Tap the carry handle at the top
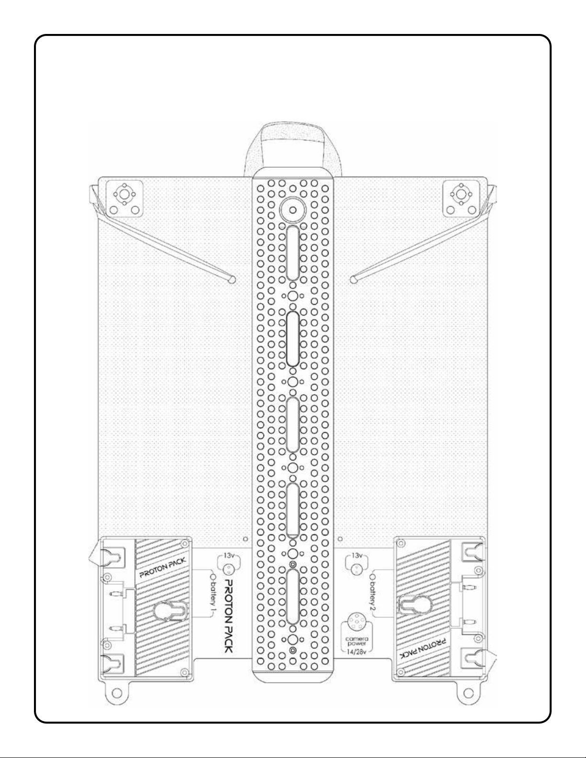(293, 143)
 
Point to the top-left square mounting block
(124, 198)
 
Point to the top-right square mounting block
(461, 198)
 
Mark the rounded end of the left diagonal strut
(232, 278)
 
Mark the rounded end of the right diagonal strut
(354, 278)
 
